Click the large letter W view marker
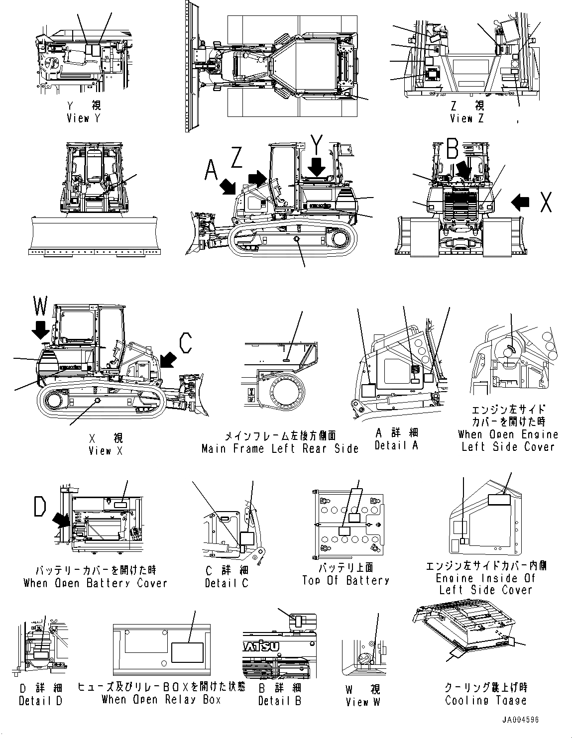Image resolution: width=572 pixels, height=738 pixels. pos(40,306)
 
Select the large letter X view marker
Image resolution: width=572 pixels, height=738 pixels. pos(545,202)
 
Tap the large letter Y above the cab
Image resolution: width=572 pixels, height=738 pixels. pos(317,145)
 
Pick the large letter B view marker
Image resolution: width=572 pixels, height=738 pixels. pos(452,148)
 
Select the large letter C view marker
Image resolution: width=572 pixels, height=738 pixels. pos(186,343)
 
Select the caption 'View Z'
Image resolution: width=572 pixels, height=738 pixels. pos(466,118)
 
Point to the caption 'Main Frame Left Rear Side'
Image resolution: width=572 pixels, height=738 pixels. pos(280,448)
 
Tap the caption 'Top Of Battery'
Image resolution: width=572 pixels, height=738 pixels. pos(345,580)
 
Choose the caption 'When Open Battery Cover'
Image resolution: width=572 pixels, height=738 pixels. pos(95,583)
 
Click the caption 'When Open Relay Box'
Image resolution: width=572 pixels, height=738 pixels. pos(161,699)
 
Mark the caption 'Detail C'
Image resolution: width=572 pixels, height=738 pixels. pos(227,583)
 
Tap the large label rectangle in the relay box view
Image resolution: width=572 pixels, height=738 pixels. pos(187,653)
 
